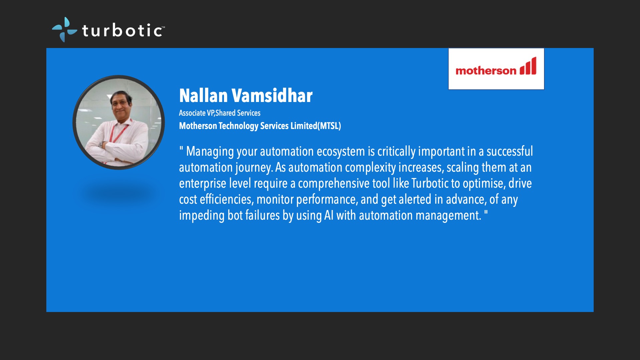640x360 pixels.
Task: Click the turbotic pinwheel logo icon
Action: (x=64, y=30)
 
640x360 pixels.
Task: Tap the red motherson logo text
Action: (x=486, y=70)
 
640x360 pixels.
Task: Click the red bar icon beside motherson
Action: (x=528, y=66)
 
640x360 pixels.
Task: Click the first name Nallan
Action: (x=203, y=96)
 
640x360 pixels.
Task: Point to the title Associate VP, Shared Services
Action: (x=220, y=113)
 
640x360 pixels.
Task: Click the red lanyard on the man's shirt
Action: (x=118, y=133)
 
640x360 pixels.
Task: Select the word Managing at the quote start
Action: (x=210, y=151)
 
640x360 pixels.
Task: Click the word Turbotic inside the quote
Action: (x=430, y=183)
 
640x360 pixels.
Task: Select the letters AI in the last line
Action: (x=329, y=215)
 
